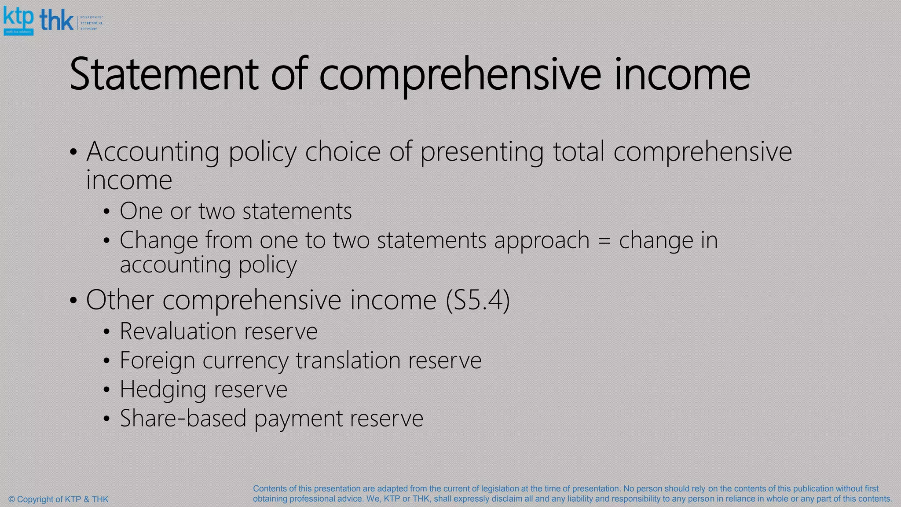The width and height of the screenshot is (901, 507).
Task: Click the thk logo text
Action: tap(57, 20)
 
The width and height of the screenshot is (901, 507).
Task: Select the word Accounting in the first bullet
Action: tap(153, 152)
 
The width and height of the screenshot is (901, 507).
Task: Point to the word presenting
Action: tap(482, 152)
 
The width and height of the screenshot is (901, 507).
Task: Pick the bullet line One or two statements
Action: tap(236, 211)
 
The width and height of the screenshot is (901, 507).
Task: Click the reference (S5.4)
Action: tap(478, 300)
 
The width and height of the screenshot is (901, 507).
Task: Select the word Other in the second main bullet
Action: tap(120, 300)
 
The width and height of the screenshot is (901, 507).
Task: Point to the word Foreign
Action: tap(157, 360)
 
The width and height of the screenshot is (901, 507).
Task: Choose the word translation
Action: tap(348, 360)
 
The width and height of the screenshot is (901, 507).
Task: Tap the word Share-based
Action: tap(183, 418)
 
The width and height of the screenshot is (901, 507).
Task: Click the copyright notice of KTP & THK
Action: tap(59, 499)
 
